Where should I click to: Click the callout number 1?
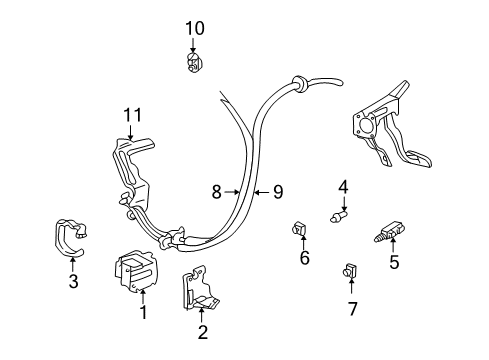(143, 313)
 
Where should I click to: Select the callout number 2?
(202, 333)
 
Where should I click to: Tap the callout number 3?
(73, 282)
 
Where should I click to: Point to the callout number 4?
(343, 186)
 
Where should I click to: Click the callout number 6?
(305, 258)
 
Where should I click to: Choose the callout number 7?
(352, 308)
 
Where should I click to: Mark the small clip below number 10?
(192, 65)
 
